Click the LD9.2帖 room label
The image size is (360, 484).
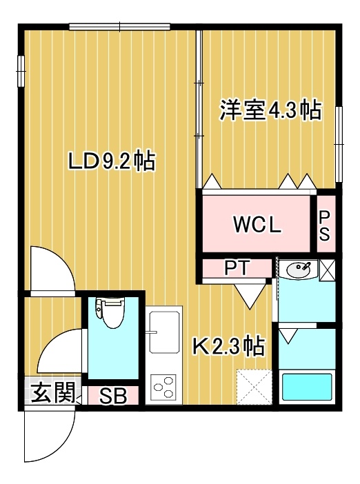112,161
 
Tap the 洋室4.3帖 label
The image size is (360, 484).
270,110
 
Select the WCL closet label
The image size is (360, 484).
257,225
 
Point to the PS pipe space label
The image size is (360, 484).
325,226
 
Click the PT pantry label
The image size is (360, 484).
237,268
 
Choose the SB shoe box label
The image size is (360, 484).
113,396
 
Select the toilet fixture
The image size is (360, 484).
110,313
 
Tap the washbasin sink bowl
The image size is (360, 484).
299,269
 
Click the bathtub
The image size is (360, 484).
307,387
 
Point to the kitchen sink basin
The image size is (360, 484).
164,332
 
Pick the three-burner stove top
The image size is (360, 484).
163,387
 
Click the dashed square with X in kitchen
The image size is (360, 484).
254,387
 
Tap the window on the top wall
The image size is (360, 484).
119,27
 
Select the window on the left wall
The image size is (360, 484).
21,71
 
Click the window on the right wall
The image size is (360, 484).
339,145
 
